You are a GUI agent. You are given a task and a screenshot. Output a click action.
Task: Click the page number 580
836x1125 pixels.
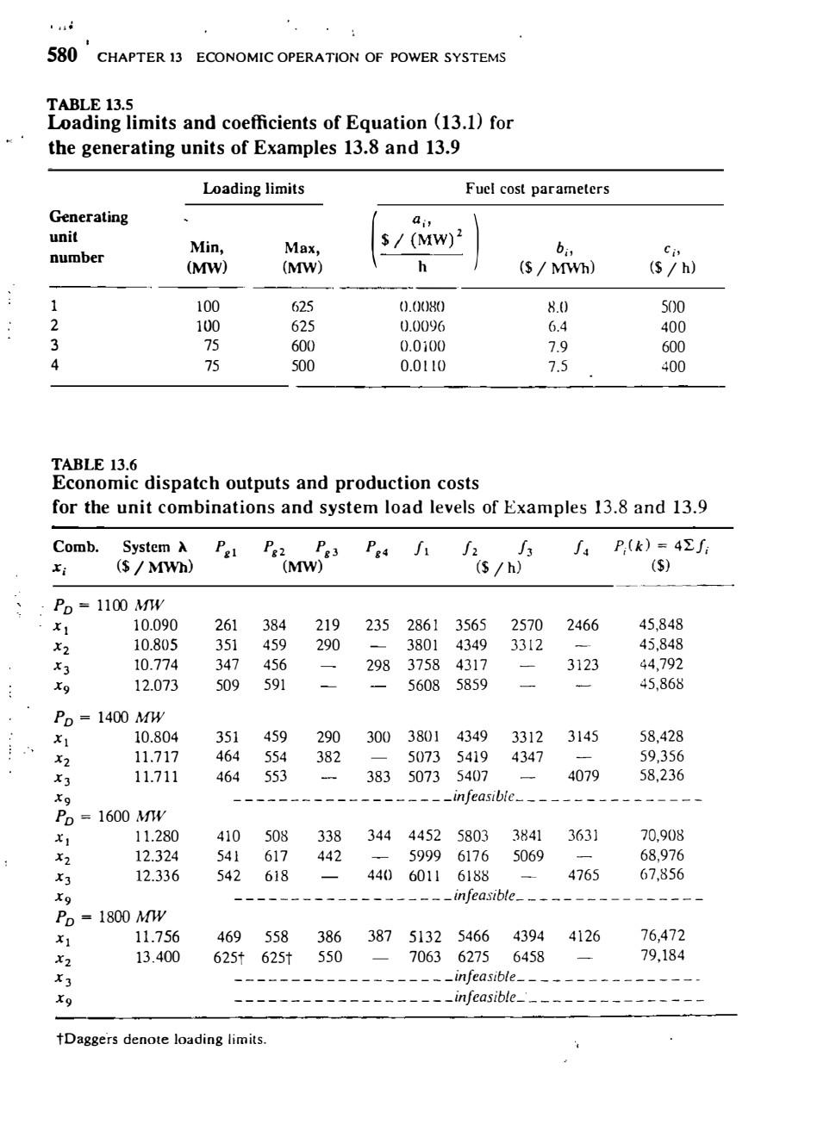pos(61,56)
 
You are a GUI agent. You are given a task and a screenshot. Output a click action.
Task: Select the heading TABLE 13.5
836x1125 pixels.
pos(90,107)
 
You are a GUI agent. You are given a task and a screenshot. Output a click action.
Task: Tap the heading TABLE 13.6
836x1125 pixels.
pos(94,465)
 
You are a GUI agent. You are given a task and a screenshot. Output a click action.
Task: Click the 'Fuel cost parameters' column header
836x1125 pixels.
pos(537,189)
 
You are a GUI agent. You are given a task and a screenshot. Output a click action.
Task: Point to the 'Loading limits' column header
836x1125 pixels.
pos(253,189)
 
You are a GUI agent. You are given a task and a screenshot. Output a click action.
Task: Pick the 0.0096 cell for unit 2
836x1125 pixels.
pos(422,326)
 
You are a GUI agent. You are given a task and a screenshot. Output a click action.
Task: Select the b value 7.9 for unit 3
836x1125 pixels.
pos(558,346)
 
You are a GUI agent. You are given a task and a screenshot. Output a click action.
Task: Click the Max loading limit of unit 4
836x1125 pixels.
pos(303,366)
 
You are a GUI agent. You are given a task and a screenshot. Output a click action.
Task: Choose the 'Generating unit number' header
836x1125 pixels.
pos(88,237)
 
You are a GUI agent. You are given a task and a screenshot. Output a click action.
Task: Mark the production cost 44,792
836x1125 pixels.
pos(661,664)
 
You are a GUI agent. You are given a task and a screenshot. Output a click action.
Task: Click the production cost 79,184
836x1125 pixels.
pos(662,955)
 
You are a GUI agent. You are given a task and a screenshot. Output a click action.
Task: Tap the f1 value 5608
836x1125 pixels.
pos(423,685)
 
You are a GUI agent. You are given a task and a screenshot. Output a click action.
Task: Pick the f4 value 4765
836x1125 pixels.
pos(583,875)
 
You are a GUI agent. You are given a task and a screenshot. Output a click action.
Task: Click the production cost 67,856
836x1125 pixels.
pos(661,874)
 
